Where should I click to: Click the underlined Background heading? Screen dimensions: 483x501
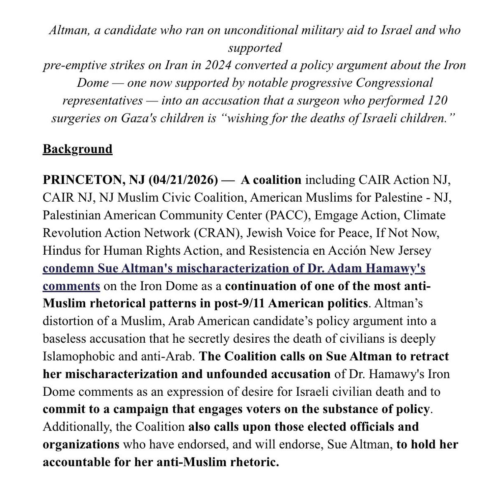coord(78,149)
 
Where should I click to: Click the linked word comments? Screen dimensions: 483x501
coord(71,286)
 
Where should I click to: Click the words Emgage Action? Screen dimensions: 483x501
coord(353,215)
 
